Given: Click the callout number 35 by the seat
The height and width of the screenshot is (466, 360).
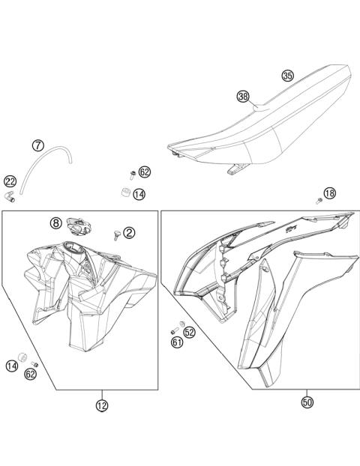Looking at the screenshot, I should tap(288, 75).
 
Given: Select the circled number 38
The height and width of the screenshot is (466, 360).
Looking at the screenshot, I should tap(242, 96).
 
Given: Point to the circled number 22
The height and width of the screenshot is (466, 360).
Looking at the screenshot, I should tap(10, 181).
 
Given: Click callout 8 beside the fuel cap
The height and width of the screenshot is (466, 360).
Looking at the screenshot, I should tap(56, 223).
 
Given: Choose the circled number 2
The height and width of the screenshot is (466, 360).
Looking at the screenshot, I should tap(129, 233).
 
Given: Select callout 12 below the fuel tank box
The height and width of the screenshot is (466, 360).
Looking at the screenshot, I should tap(101, 405).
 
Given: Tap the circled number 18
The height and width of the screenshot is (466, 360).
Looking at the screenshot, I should tap(329, 193).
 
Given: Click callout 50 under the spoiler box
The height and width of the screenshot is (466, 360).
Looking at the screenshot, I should tap(307, 402).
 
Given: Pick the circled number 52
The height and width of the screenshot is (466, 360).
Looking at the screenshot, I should tap(189, 331).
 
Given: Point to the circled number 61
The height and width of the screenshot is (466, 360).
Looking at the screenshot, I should tap(176, 342).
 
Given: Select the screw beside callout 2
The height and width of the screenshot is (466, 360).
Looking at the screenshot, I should tap(115, 234).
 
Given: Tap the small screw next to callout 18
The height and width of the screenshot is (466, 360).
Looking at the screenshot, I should tap(319, 200).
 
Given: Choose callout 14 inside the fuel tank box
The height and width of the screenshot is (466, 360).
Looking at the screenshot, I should tap(11, 366).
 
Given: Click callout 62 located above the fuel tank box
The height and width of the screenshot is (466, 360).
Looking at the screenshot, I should tap(145, 172).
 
